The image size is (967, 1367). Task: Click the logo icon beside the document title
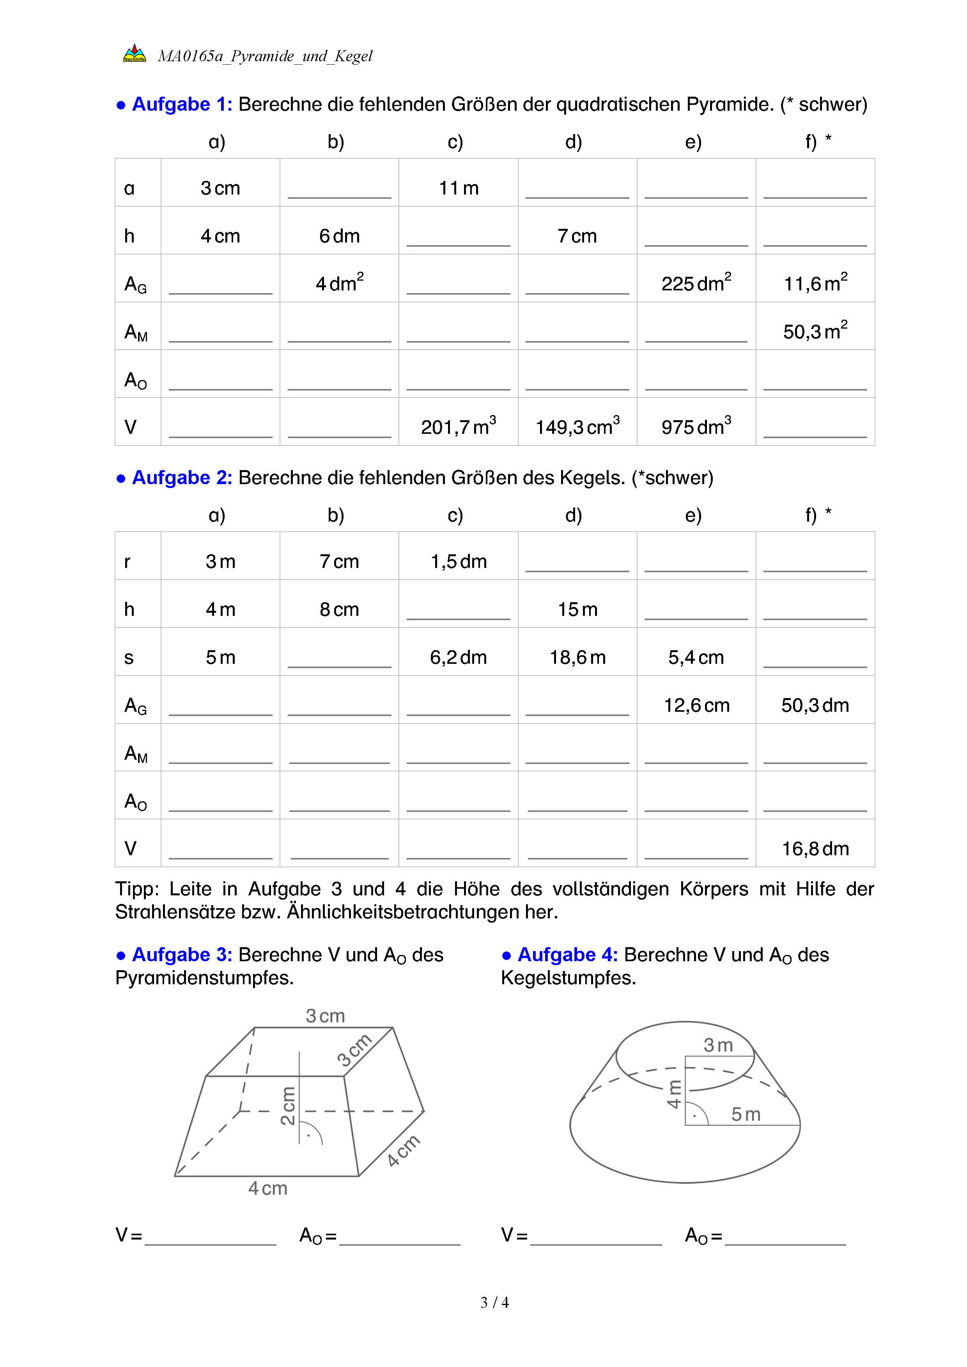pos(135,53)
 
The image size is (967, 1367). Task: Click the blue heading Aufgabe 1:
pos(182,104)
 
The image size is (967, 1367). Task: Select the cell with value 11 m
pos(459,188)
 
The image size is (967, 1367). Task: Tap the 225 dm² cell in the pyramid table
pos(696,283)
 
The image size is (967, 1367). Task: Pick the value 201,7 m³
pos(459,426)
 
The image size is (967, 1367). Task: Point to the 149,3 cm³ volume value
pos(577,426)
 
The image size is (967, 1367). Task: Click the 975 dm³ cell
pos(696,426)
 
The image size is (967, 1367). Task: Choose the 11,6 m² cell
pos(815,283)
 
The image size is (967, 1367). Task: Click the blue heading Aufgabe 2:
pos(182,477)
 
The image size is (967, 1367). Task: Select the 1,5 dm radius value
pos(459,561)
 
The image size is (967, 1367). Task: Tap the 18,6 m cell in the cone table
pos(577,657)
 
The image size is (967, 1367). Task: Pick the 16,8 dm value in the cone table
pos(815,849)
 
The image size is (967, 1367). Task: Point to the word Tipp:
pos(137,889)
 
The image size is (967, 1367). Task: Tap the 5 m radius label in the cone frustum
pos(746,1114)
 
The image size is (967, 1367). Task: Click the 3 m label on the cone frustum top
pos(718,1045)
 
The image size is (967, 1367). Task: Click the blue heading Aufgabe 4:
pos(567,954)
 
